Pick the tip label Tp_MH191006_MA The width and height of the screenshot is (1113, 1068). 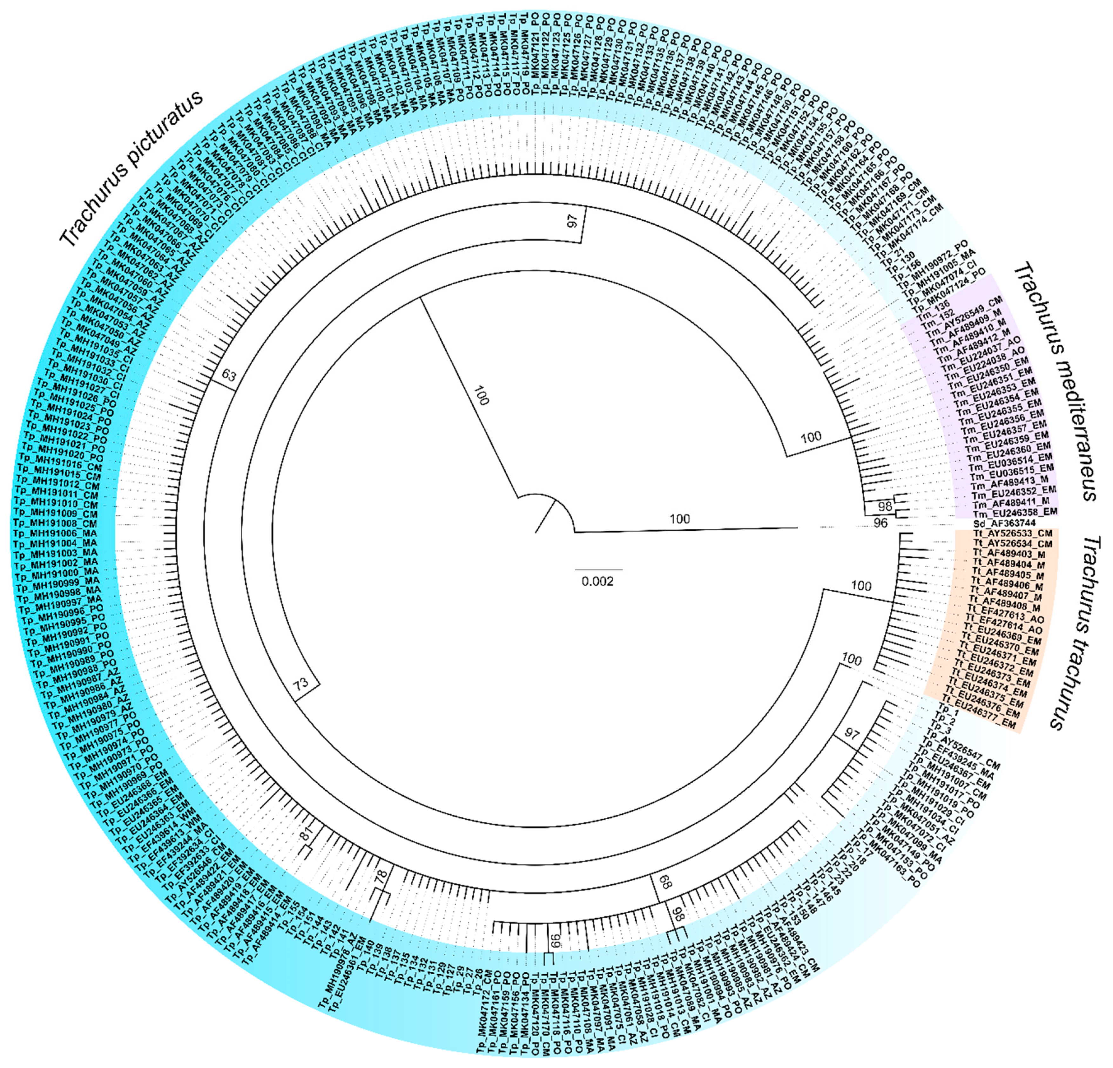56,534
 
